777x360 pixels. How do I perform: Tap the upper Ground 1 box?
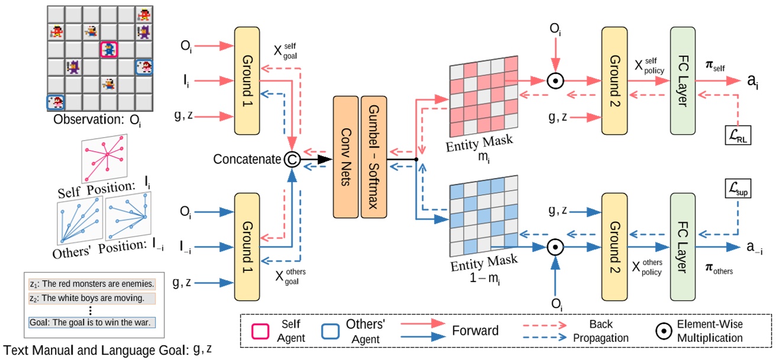click(x=251, y=80)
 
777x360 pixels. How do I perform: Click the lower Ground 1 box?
click(x=251, y=244)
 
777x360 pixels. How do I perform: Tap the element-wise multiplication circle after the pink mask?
click(x=554, y=81)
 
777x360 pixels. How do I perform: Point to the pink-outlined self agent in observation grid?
click(x=108, y=50)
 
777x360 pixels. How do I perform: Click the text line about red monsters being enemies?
click(x=92, y=283)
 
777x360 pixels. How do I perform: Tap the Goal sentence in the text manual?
click(x=92, y=323)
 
